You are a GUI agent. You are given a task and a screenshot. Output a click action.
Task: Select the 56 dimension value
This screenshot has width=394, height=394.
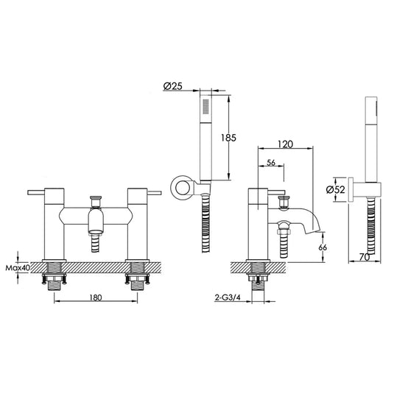pos(270,163)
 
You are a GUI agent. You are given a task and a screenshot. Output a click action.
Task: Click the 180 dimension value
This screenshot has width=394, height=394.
pos(96,299)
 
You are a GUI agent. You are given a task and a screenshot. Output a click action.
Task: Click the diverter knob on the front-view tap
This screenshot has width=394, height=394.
pos(96,200)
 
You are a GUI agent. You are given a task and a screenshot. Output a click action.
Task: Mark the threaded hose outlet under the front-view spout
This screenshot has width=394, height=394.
pos(96,242)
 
